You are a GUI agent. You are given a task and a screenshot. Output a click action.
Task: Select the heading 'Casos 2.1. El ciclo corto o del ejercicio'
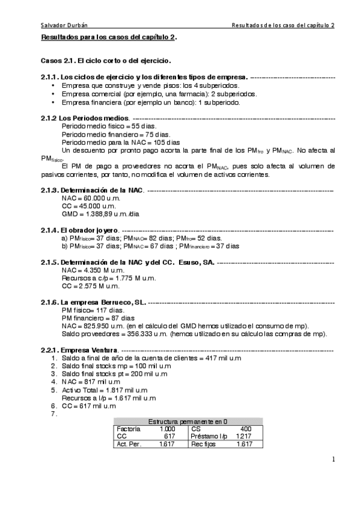tap(106, 61)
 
